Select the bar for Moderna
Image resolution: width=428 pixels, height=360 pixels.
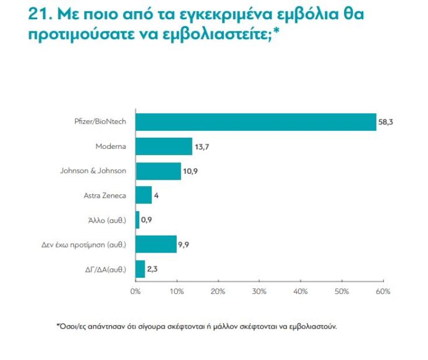pos(164,146)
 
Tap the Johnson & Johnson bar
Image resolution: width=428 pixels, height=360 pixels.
pos(158,171)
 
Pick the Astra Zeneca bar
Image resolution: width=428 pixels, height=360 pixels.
pos(143,195)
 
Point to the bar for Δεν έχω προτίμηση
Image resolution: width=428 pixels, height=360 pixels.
pos(156,244)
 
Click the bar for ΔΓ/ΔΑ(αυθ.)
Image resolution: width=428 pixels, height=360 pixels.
pos(140,268)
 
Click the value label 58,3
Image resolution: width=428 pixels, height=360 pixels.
pos(385,123)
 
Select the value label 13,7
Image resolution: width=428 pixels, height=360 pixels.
pos(201,147)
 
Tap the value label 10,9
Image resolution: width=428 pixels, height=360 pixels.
pos(190,172)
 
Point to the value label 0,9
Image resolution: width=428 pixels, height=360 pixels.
pos(148,220)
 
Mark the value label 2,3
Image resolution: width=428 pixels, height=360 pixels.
pos(153,269)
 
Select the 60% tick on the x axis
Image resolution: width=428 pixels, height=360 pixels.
pos(383,291)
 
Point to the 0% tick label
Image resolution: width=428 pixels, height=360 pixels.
pos(135,291)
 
